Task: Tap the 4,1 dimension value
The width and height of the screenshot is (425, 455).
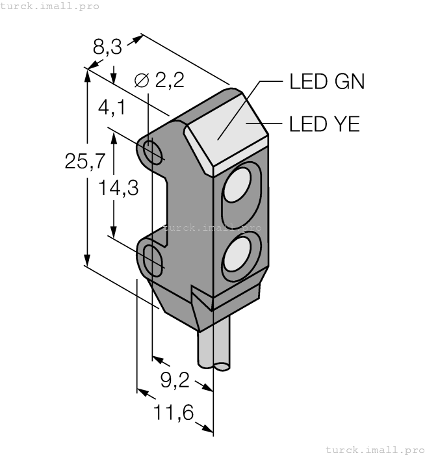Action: coord(112,107)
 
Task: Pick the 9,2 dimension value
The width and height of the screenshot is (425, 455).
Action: coord(175,381)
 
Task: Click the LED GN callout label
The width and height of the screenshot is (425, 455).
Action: coord(326,82)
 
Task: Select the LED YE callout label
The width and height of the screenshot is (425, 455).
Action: coord(324,123)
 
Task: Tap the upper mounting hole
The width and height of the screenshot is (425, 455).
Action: coord(155,153)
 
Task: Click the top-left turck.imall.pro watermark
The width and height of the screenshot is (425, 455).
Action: coord(50,6)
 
